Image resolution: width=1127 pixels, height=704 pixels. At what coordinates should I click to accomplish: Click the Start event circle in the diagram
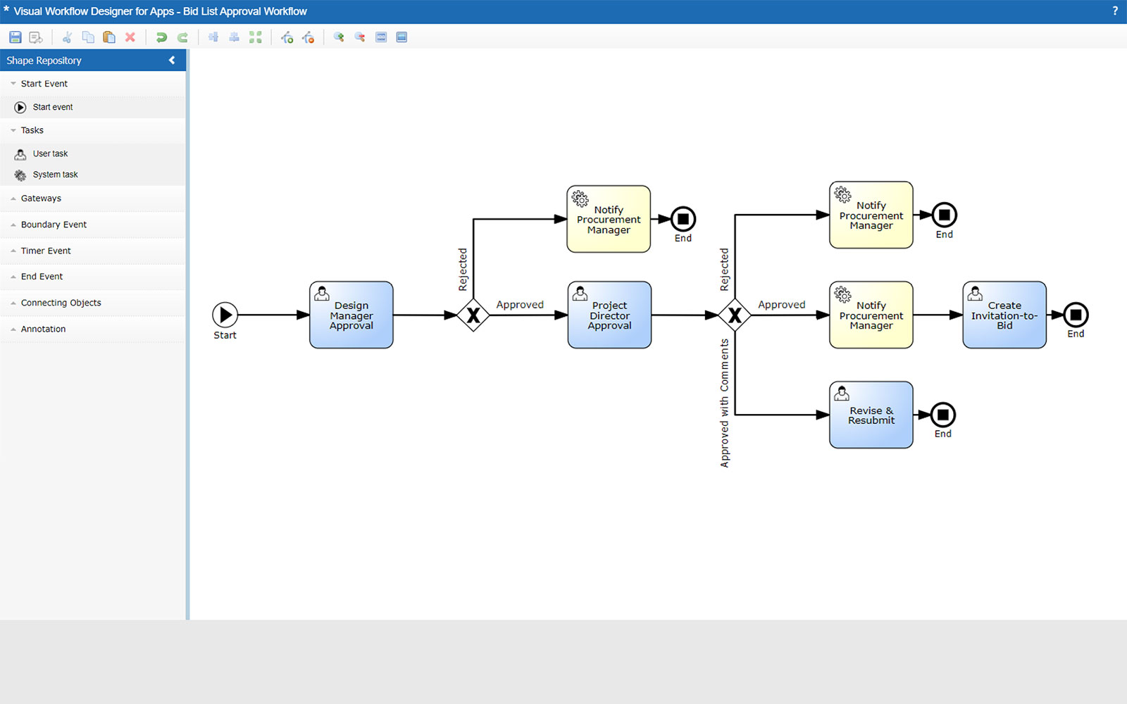225,315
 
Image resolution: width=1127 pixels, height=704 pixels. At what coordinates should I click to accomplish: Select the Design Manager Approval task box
351,315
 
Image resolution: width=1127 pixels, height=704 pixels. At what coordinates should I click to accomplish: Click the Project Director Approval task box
609,315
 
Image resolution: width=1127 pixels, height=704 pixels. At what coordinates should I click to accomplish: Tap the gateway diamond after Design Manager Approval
473,315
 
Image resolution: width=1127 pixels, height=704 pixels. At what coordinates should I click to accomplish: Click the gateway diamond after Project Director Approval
735,315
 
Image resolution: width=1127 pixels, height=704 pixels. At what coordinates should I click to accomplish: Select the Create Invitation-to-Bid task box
1004,315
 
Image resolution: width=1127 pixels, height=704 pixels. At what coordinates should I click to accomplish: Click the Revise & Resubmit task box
871,415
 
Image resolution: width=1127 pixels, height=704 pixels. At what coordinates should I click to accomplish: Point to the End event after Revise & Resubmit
943,415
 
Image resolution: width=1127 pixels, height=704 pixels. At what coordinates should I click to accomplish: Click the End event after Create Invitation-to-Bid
1076,315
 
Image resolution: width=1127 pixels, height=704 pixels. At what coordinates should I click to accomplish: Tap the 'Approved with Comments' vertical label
724,403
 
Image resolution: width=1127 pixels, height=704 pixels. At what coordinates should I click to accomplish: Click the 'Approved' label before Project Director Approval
520,305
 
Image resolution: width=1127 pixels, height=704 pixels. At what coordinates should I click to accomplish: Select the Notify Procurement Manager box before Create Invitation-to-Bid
871,315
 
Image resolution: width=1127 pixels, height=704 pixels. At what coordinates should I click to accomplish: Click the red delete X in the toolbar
130,37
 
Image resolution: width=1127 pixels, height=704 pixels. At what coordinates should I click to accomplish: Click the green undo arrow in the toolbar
161,37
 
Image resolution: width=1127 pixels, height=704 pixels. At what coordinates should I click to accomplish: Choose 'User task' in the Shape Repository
50,153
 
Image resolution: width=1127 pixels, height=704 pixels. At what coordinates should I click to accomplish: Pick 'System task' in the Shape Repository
55,175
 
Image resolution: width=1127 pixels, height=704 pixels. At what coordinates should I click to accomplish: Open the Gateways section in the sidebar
41,199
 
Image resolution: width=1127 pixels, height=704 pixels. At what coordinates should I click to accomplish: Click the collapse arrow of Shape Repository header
172,61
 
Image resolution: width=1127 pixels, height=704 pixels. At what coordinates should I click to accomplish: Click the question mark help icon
1115,11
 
